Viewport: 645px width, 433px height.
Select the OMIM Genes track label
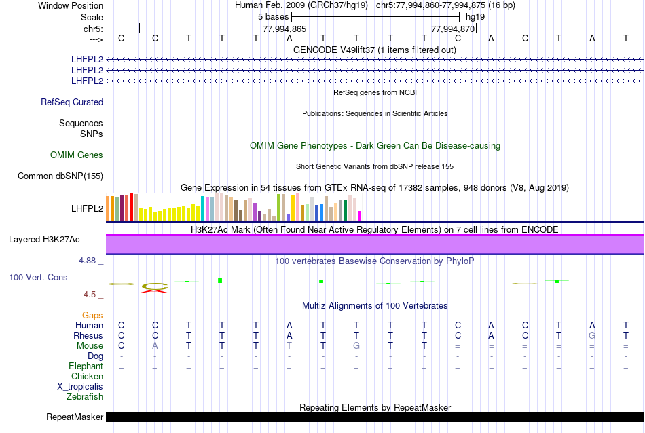pos(77,155)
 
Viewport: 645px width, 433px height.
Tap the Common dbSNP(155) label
pos(60,176)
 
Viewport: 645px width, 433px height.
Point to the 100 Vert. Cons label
pos(39,278)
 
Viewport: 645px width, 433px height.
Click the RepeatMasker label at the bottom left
pos(75,417)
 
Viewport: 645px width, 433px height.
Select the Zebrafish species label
pos(85,396)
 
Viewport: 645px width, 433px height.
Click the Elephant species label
pos(86,366)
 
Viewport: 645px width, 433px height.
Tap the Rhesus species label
pos(88,336)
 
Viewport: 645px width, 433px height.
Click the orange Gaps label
pos(92,316)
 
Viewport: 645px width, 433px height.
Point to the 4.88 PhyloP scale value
pos(90,260)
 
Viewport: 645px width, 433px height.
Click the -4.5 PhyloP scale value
pos(92,295)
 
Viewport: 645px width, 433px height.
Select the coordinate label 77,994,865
pos(285,29)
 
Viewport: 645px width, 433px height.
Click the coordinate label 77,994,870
pos(453,29)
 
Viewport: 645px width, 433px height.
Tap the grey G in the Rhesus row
pos(592,336)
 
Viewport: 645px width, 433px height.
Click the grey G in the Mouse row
pos(356,346)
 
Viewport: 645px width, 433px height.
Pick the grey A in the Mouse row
pos(155,346)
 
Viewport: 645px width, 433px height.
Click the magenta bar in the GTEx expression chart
pos(359,216)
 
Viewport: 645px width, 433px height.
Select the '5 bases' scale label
pos(272,16)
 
